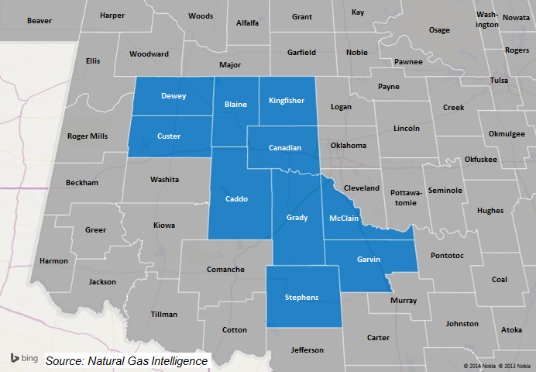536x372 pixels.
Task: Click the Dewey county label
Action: tap(173, 97)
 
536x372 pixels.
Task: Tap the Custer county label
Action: tap(169, 136)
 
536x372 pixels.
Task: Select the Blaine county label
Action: tap(235, 105)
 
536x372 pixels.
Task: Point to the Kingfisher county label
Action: tap(287, 101)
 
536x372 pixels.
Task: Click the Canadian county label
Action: tap(285, 147)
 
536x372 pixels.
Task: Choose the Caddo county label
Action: tap(235, 199)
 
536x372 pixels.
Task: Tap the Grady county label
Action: tap(297, 218)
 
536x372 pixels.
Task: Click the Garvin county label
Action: tap(369, 260)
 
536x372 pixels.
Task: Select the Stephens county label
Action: tap(302, 298)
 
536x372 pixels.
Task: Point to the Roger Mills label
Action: tap(88, 136)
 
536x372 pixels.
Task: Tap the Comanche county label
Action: tap(225, 270)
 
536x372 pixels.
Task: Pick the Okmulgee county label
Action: tap(507, 133)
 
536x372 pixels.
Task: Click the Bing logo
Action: tap(24, 358)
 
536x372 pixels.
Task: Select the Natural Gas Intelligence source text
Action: tap(126, 361)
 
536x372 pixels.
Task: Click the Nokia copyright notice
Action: tap(497, 366)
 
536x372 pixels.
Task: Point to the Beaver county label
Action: tap(39, 21)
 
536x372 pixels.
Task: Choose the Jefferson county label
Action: tap(307, 350)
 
